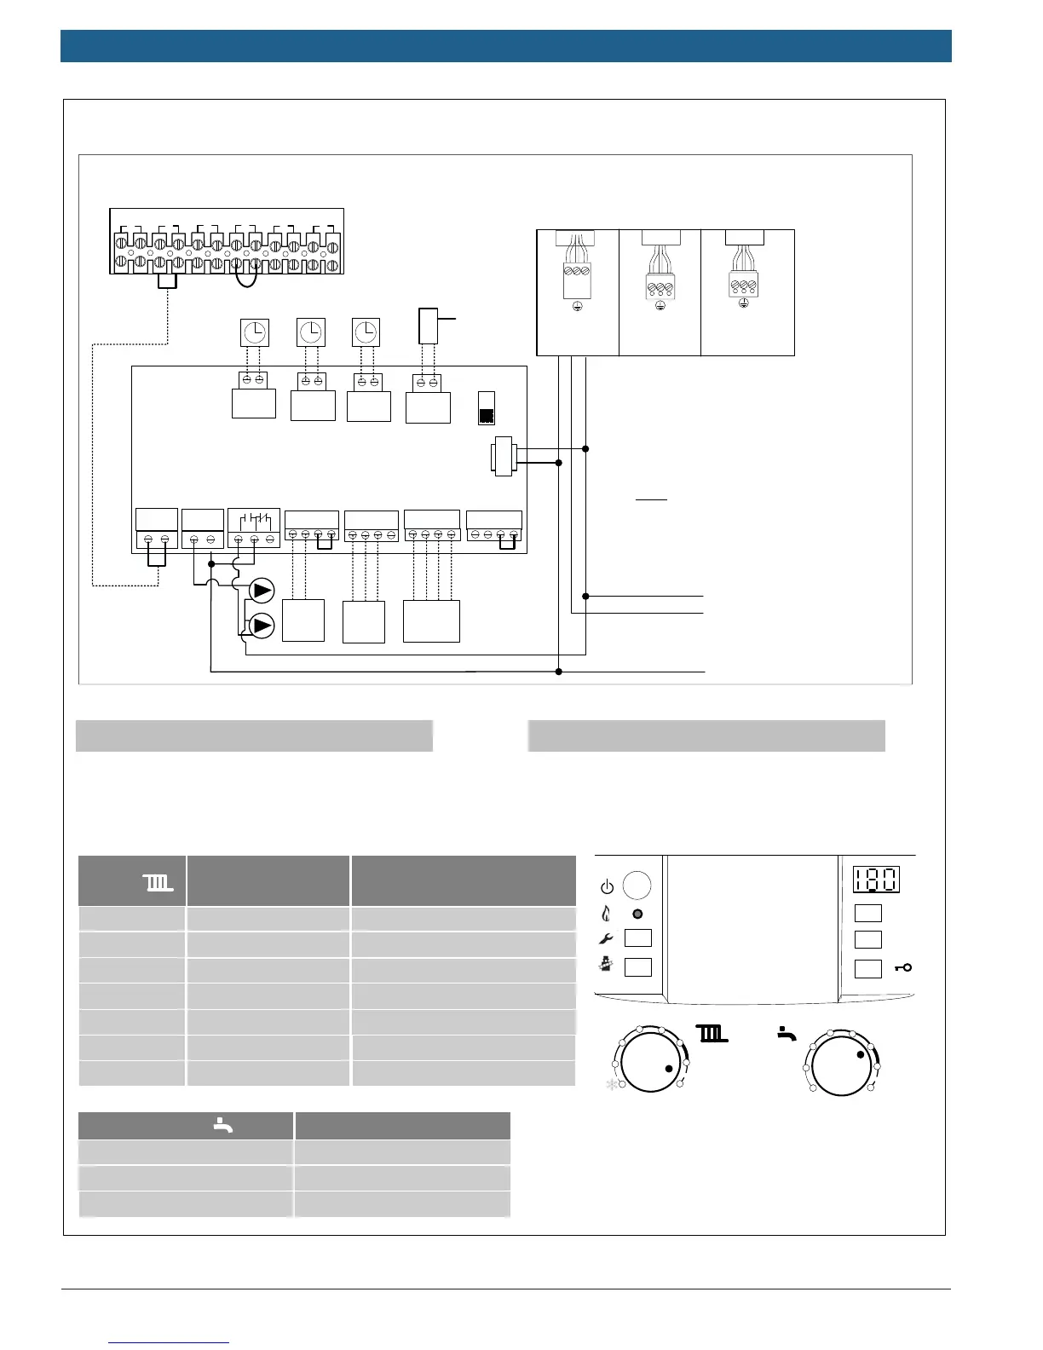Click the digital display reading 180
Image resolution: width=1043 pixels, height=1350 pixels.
pyautogui.click(x=876, y=880)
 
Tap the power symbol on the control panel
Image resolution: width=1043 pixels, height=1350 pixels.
pyautogui.click(x=607, y=887)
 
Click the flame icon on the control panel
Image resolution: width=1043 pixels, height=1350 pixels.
pyautogui.click(x=606, y=914)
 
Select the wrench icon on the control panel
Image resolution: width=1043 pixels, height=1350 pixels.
pyautogui.click(x=606, y=939)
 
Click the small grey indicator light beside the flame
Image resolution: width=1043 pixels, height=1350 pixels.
pyautogui.click(x=637, y=914)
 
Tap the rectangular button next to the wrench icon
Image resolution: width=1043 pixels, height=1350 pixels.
pyautogui.click(x=637, y=938)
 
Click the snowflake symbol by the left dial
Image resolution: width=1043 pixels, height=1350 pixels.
pyautogui.click(x=611, y=1085)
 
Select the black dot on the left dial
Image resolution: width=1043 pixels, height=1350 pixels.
pyautogui.click(x=669, y=1069)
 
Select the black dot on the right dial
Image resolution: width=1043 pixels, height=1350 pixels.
pyautogui.click(x=861, y=1055)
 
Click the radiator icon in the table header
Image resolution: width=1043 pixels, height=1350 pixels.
pyautogui.click(x=159, y=883)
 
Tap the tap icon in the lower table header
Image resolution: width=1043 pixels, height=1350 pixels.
pyautogui.click(x=222, y=1126)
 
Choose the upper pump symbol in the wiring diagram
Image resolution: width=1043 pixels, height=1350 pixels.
pyautogui.click(x=262, y=590)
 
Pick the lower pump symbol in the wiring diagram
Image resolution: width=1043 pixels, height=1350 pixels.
pyautogui.click(x=262, y=626)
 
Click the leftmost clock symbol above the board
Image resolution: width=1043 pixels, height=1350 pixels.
pyautogui.click(x=254, y=332)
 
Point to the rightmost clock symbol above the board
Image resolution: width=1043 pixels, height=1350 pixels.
pyautogui.click(x=366, y=332)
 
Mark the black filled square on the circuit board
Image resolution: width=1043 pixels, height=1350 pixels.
pyautogui.click(x=487, y=416)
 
